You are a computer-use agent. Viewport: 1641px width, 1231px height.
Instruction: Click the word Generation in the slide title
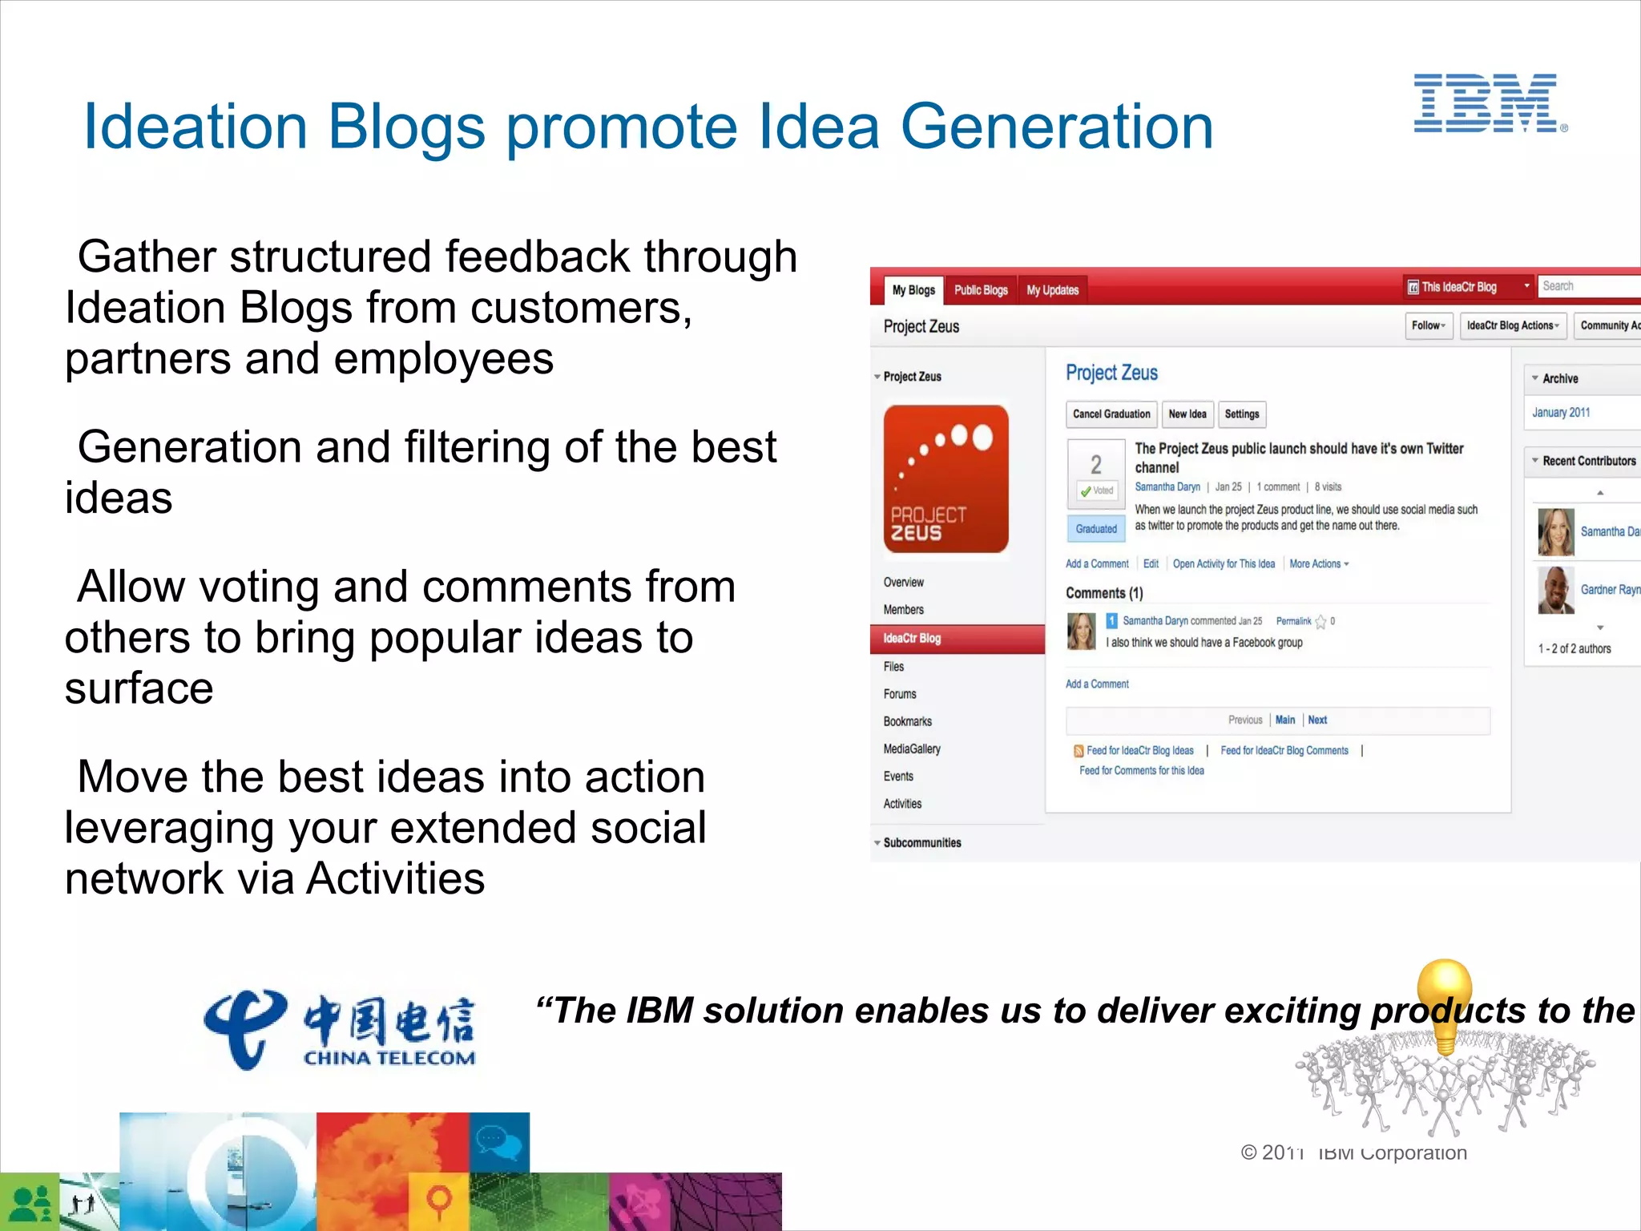(x=1057, y=127)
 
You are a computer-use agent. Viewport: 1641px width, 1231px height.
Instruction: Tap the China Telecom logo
(x=340, y=1029)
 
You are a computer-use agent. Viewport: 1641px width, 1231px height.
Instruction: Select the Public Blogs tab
(x=980, y=290)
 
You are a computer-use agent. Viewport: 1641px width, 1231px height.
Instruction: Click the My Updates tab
(x=1052, y=290)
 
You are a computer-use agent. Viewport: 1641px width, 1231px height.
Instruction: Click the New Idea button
(x=1187, y=414)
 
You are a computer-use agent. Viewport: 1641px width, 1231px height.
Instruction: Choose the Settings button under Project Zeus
(x=1241, y=414)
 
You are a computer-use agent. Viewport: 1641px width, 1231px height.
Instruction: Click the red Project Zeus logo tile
(x=945, y=479)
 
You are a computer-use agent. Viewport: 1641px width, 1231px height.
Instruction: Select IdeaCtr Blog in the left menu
(x=912, y=639)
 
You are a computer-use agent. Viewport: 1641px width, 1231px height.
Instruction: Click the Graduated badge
(x=1096, y=529)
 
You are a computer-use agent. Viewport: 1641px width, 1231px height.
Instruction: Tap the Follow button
(x=1428, y=325)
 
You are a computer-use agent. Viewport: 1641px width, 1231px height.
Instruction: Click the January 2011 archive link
(x=1560, y=413)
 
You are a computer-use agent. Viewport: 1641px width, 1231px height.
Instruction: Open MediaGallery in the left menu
(x=912, y=749)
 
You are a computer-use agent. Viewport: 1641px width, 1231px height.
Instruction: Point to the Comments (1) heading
(x=1104, y=593)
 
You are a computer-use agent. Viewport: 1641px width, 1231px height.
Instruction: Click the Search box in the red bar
(x=1587, y=286)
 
